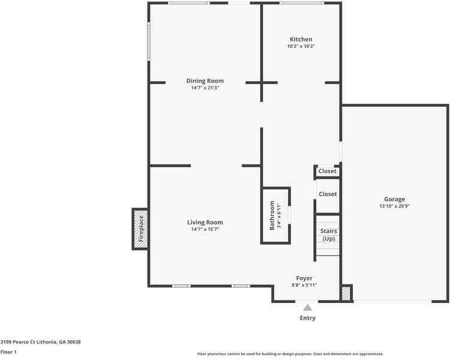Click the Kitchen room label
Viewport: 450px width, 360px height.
(x=301, y=40)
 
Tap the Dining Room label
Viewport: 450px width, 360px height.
(x=205, y=81)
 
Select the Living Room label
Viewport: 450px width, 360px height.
(x=205, y=222)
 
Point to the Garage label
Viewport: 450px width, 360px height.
(x=395, y=199)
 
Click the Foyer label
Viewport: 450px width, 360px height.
(x=304, y=278)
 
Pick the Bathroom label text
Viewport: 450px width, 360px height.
(x=272, y=215)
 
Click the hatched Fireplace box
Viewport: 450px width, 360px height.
(x=140, y=229)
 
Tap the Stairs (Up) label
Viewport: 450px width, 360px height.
(x=329, y=235)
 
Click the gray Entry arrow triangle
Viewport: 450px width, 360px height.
(x=308, y=307)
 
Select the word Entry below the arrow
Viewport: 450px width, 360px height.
(x=308, y=318)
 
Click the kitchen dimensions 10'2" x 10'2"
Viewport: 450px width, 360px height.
(x=301, y=46)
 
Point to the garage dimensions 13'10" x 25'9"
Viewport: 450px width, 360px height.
(x=395, y=206)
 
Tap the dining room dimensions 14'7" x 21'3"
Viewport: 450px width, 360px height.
(x=205, y=88)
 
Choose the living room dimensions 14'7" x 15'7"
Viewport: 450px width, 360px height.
(x=205, y=229)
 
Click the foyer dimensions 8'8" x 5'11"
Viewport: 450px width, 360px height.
(x=304, y=286)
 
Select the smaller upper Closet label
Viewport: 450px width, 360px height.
(x=327, y=171)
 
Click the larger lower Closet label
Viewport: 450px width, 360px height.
(x=328, y=194)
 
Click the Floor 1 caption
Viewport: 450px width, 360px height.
(x=8, y=352)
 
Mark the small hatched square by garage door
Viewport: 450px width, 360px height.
(x=346, y=293)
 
